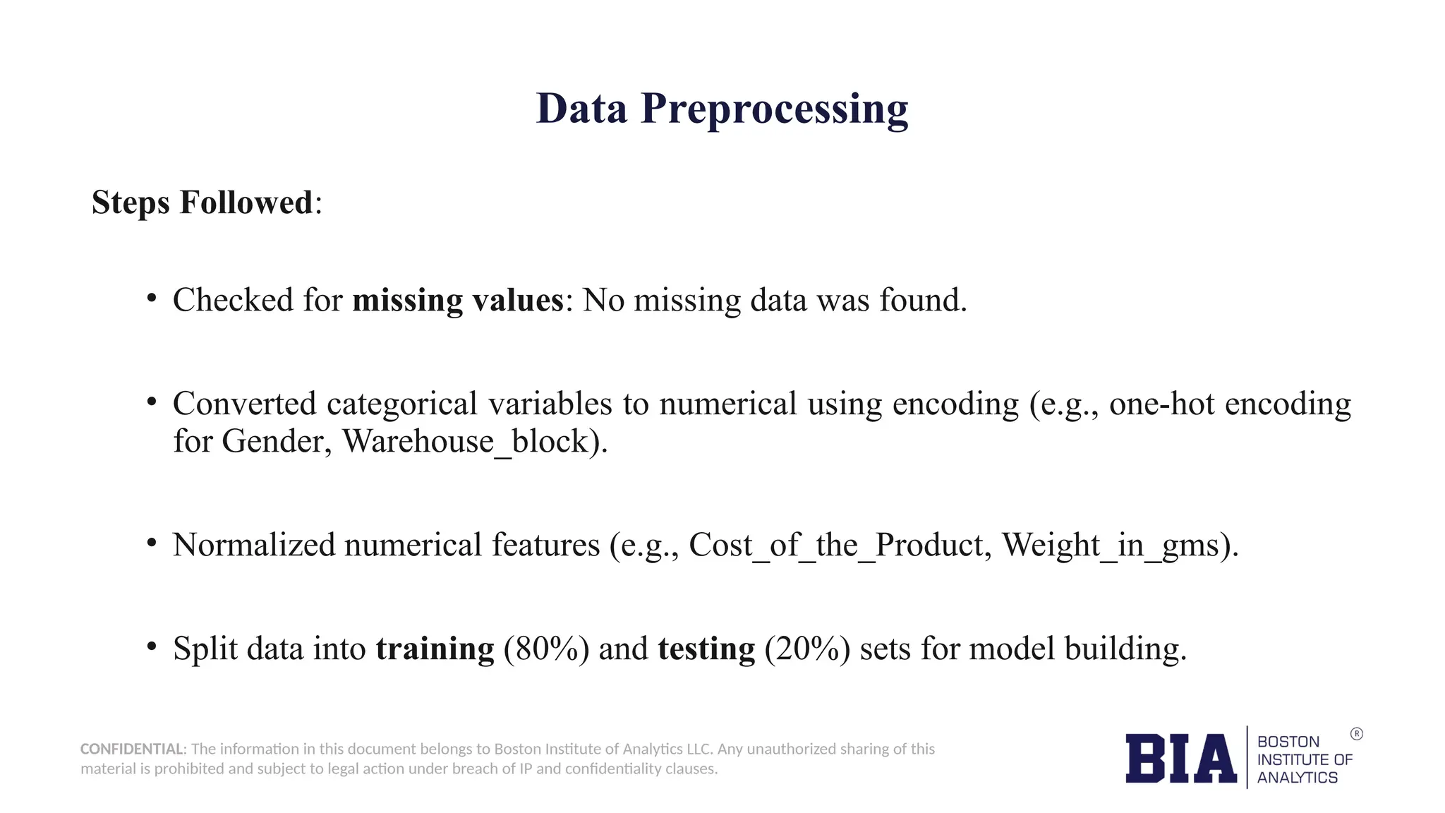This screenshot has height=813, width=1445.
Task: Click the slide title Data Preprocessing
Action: tap(722, 109)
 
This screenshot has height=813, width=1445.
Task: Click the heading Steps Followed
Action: tap(202, 203)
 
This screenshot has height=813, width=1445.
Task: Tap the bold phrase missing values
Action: tap(458, 301)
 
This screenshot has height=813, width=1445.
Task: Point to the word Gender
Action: tap(277, 442)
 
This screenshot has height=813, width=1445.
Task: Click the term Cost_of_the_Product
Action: tap(835, 546)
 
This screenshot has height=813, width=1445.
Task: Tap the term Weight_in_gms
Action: tap(1111, 546)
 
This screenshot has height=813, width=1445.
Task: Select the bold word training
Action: tap(435, 649)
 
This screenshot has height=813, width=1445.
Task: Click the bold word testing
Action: tap(706, 649)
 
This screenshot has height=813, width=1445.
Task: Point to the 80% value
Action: tap(546, 649)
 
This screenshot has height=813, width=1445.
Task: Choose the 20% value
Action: tap(807, 649)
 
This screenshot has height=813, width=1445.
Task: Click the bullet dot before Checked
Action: tap(151, 299)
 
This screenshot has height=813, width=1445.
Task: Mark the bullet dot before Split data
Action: tap(151, 646)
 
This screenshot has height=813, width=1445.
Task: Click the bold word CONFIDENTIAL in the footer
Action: tap(132, 749)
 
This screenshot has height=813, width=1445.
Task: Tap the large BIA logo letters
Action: tap(1180, 759)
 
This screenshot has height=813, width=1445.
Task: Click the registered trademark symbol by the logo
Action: tap(1356, 734)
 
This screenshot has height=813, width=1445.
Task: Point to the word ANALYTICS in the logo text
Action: tap(1297, 778)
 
